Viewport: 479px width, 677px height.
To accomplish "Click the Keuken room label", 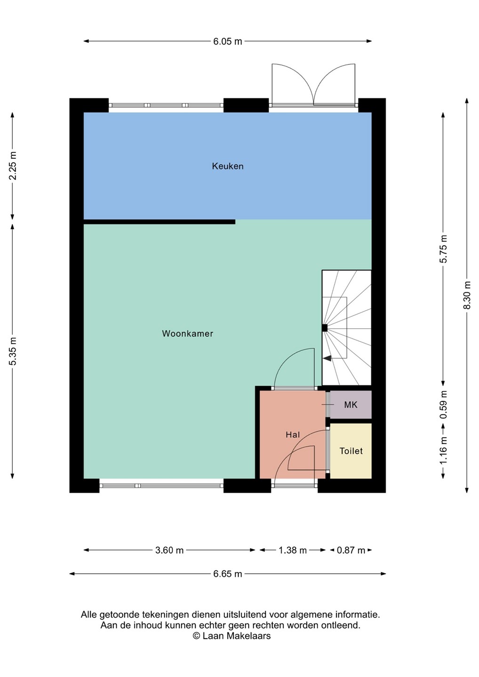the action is (x=227, y=166).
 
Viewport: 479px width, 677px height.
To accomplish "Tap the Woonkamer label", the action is (x=187, y=334).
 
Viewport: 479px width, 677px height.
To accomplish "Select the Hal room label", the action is (x=293, y=434).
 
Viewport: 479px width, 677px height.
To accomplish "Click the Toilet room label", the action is (x=351, y=451).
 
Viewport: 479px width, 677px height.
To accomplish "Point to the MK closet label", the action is (x=351, y=405).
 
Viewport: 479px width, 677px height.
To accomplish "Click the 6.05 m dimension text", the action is (x=228, y=41).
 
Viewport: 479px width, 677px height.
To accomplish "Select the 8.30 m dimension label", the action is (x=467, y=295).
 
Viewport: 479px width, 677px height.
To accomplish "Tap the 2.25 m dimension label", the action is (x=13, y=165).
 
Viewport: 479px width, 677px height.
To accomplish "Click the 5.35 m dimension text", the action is (x=13, y=351).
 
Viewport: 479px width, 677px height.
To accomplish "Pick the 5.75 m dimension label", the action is (x=443, y=249).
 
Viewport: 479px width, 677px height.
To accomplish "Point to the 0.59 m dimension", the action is (x=443, y=405).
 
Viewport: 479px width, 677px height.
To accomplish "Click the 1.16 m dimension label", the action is (x=443, y=450).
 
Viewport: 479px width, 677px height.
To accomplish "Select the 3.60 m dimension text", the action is (x=169, y=551).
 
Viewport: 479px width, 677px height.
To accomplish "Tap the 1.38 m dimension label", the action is (x=292, y=551).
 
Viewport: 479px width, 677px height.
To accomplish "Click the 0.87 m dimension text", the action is (x=351, y=551).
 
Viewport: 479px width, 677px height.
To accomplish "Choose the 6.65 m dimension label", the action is (x=228, y=574).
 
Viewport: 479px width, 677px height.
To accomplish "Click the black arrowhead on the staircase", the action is (x=327, y=358).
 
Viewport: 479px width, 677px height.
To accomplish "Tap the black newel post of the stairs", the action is (x=325, y=328).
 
